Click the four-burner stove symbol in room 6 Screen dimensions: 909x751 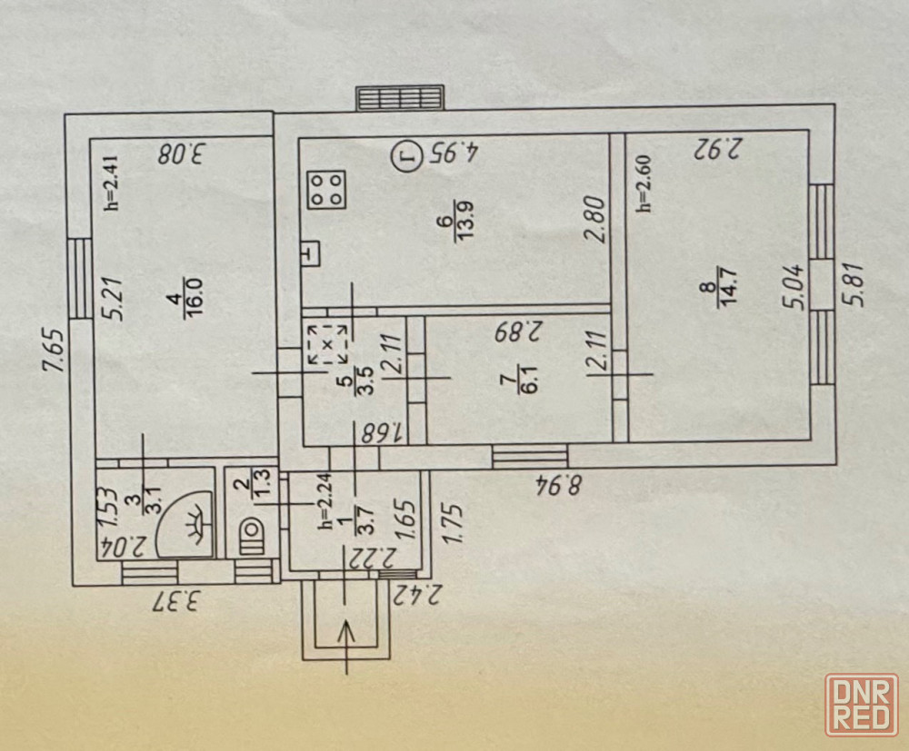pos(328,190)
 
